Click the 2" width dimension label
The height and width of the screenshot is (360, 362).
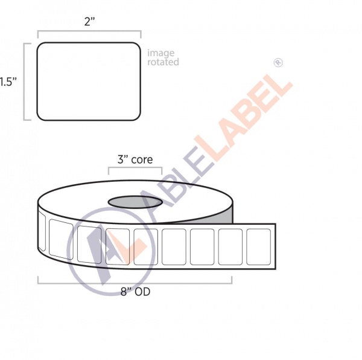click(89, 22)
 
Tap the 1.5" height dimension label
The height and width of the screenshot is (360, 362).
click(8, 82)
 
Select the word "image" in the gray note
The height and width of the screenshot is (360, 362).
click(160, 54)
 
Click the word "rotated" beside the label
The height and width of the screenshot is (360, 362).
click(163, 62)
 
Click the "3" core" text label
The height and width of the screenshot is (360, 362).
click(135, 159)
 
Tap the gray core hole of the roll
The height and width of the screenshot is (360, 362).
click(135, 202)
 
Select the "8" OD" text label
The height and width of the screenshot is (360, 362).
click(135, 292)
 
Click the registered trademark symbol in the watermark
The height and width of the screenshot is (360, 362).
click(278, 63)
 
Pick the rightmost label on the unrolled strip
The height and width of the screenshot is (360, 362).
click(259, 247)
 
